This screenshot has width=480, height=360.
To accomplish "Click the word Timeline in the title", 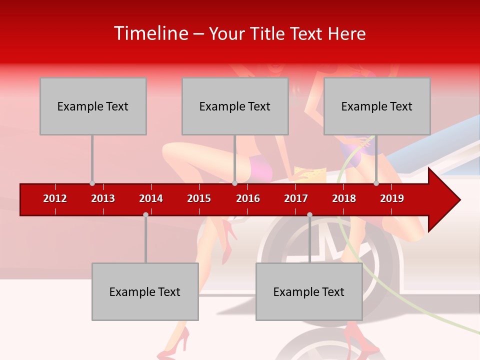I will point(151,33).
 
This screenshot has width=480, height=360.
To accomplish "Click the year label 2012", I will point(55,198).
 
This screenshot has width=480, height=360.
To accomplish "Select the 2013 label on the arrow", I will point(103,198).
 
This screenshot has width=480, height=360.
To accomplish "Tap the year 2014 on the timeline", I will point(151,198).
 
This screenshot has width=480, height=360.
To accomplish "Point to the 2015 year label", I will point(199,198).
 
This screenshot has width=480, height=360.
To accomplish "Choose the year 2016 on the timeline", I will point(248,198).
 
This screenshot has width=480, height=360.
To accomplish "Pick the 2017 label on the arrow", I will point(296,198).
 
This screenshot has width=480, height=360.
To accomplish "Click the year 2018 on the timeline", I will point(344,198).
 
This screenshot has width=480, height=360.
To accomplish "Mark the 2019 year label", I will point(392,198).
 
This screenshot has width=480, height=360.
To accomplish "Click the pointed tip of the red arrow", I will point(458,200).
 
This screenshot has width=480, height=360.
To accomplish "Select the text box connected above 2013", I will point(93,106).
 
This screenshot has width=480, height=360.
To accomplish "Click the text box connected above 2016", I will point(235,106).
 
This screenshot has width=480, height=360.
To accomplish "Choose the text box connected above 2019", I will point(377,106).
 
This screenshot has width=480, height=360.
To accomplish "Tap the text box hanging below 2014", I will point(145,291).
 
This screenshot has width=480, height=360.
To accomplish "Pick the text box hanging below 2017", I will point(309,291).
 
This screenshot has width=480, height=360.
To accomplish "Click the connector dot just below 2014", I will point(145,214).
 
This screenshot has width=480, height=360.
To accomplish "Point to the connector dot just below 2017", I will point(309,214).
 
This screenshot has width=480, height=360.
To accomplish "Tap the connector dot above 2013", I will point(92,183).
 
